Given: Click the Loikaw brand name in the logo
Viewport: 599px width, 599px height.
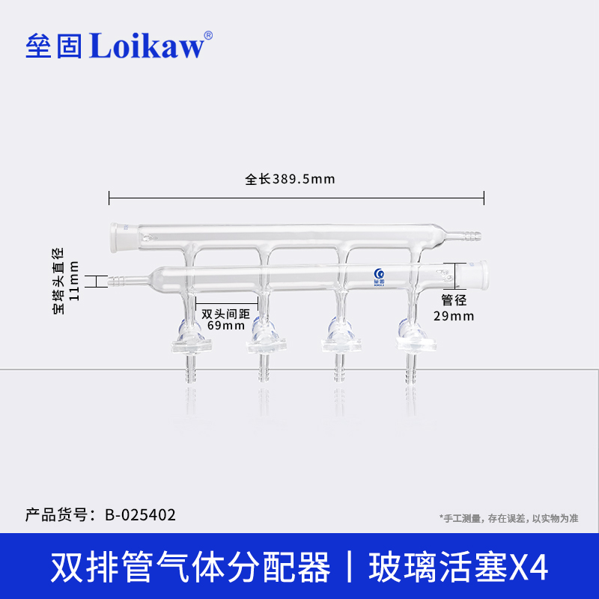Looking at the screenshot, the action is tap(146, 46).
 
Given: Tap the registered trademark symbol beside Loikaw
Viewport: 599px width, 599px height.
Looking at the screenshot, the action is tap(208, 35).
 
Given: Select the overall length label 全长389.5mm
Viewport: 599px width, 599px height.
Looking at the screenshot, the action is tap(290, 180).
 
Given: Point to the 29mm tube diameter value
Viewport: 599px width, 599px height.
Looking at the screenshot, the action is tap(454, 316).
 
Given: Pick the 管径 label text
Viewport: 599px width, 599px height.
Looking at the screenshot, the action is tap(454, 300).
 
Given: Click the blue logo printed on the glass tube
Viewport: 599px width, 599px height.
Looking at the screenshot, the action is tap(378, 275).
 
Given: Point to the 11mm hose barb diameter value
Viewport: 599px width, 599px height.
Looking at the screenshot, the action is tap(73, 282).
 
